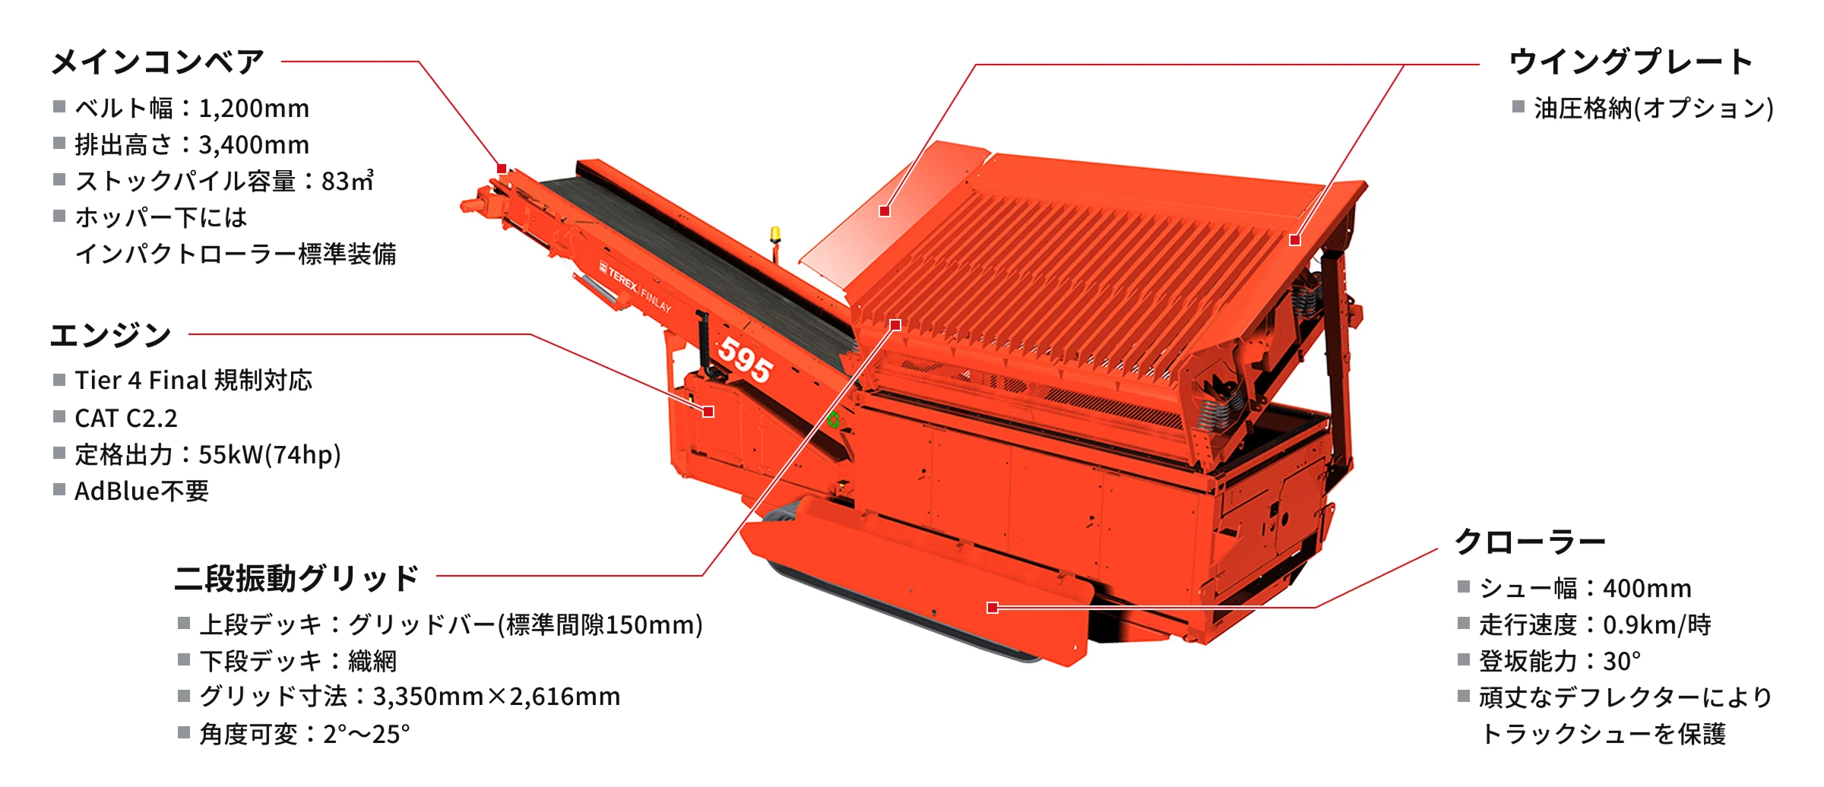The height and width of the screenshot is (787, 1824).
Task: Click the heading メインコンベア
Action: point(157,62)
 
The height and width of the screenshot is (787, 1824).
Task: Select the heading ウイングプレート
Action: point(1631,62)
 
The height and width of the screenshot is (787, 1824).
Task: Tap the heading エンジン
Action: point(111,335)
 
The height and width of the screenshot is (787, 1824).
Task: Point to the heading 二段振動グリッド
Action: point(296,578)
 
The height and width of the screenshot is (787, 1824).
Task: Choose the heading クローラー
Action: point(1530,542)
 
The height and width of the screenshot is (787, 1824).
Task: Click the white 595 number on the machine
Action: point(746,359)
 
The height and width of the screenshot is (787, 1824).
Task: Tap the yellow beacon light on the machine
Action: point(775,235)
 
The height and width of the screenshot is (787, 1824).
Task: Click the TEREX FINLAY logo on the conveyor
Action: point(635,287)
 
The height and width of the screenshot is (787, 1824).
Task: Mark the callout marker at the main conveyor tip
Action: point(502,169)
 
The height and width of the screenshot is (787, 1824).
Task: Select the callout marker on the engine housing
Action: point(708,412)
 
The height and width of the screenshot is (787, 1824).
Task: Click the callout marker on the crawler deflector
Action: point(992,608)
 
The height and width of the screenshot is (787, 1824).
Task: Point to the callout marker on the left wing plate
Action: point(884,211)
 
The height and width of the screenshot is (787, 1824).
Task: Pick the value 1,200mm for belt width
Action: point(254,109)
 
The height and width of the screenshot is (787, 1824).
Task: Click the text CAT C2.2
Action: point(126,418)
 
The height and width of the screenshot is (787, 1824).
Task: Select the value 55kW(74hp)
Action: point(270,454)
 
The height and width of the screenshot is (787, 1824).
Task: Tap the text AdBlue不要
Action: point(141,491)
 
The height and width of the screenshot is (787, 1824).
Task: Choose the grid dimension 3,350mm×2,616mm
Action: point(496,697)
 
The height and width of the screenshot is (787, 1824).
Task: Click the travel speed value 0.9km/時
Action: point(1657,624)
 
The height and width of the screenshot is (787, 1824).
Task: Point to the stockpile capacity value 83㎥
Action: point(347,181)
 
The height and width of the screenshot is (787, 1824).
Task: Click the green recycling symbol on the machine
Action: point(834,419)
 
